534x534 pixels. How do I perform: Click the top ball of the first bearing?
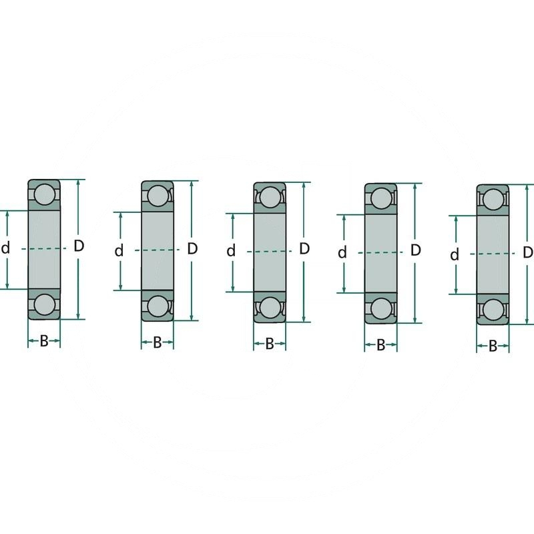(x=44, y=194)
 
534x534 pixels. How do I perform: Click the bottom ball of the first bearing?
(x=44, y=304)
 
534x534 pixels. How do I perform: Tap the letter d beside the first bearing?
(x=6, y=249)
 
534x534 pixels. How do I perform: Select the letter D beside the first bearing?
(x=79, y=246)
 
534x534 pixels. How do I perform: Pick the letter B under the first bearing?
(x=44, y=341)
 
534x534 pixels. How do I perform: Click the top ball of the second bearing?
(x=158, y=196)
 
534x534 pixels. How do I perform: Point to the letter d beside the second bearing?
(x=119, y=251)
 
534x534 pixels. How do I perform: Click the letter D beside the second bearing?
(x=192, y=249)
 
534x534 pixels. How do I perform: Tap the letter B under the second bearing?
(x=158, y=343)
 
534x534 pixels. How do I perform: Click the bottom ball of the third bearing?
(x=270, y=307)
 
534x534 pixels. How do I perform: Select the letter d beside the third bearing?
(x=231, y=252)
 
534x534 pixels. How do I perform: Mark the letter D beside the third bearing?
(x=304, y=249)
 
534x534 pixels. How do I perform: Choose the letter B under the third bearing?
(x=270, y=344)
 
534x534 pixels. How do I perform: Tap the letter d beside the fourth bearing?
(x=342, y=253)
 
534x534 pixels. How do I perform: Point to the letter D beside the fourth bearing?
(x=415, y=250)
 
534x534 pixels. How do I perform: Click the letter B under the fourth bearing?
(x=380, y=346)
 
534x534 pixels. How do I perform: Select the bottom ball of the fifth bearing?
(x=493, y=310)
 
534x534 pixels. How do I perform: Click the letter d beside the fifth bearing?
(x=455, y=255)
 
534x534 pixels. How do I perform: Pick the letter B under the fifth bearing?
(x=493, y=346)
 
